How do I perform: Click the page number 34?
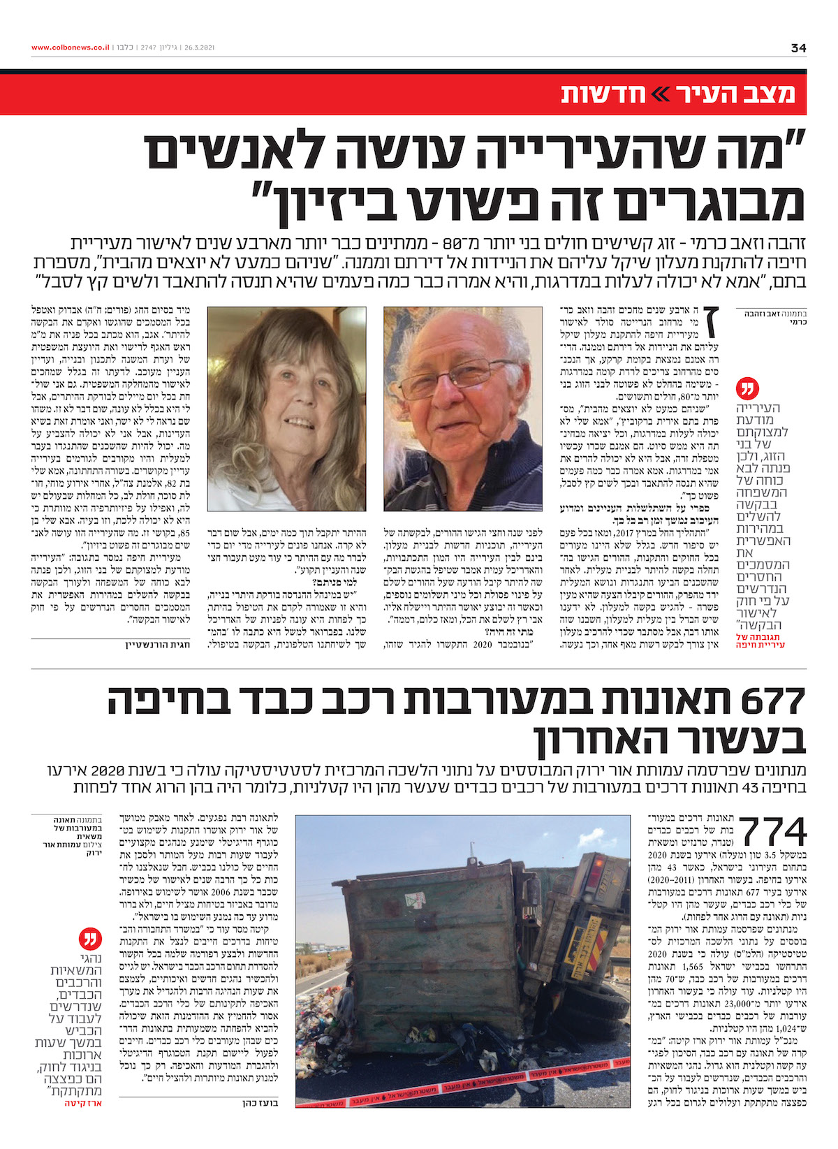pyautogui.click(x=798, y=47)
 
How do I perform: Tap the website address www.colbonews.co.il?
pyautogui.click(x=70, y=47)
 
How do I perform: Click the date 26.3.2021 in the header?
pyautogui.click(x=199, y=47)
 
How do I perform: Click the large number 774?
pyautogui.click(x=773, y=833)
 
